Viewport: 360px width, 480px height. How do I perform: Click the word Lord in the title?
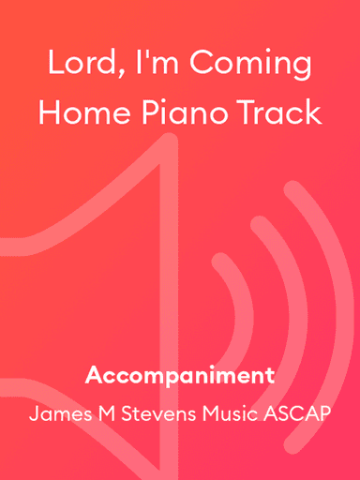tap(81, 66)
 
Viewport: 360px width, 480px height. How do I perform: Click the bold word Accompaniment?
tap(180, 377)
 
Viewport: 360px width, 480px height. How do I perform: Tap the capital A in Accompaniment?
tap(93, 377)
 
